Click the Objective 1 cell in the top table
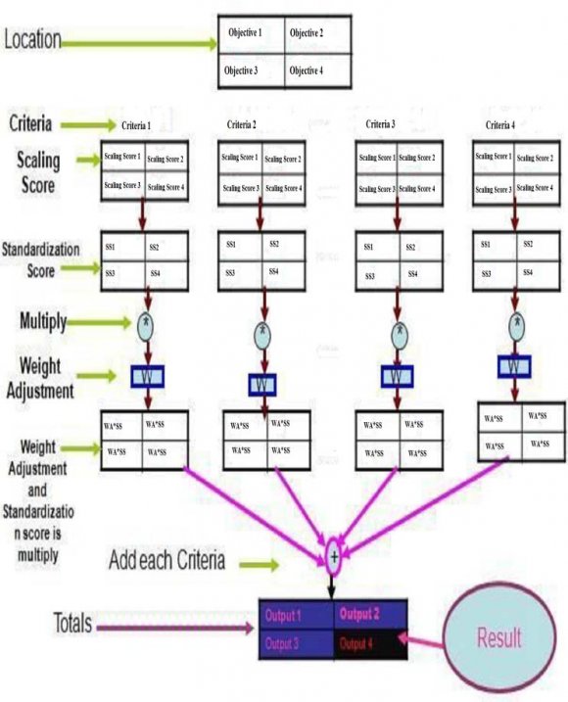pyautogui.click(x=251, y=33)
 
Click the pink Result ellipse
pyautogui.click(x=499, y=638)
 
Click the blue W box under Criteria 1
pyautogui.click(x=148, y=376)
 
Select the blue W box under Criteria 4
pyautogui.click(x=511, y=366)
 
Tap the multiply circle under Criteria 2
pyautogui.click(x=263, y=333)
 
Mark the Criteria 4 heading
pyautogui.click(x=500, y=124)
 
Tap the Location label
pyautogui.click(x=33, y=40)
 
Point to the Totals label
pyautogui.click(x=32, y=622)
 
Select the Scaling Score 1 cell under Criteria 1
pyautogui.click(x=122, y=157)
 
